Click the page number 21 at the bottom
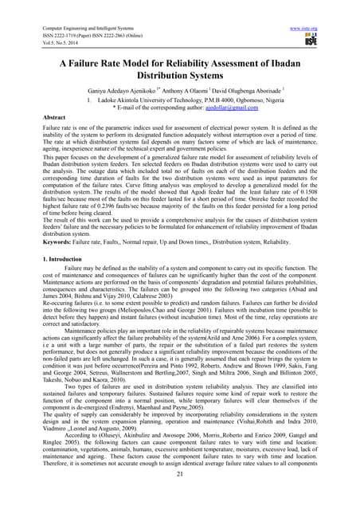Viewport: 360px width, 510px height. (x=180, y=496)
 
